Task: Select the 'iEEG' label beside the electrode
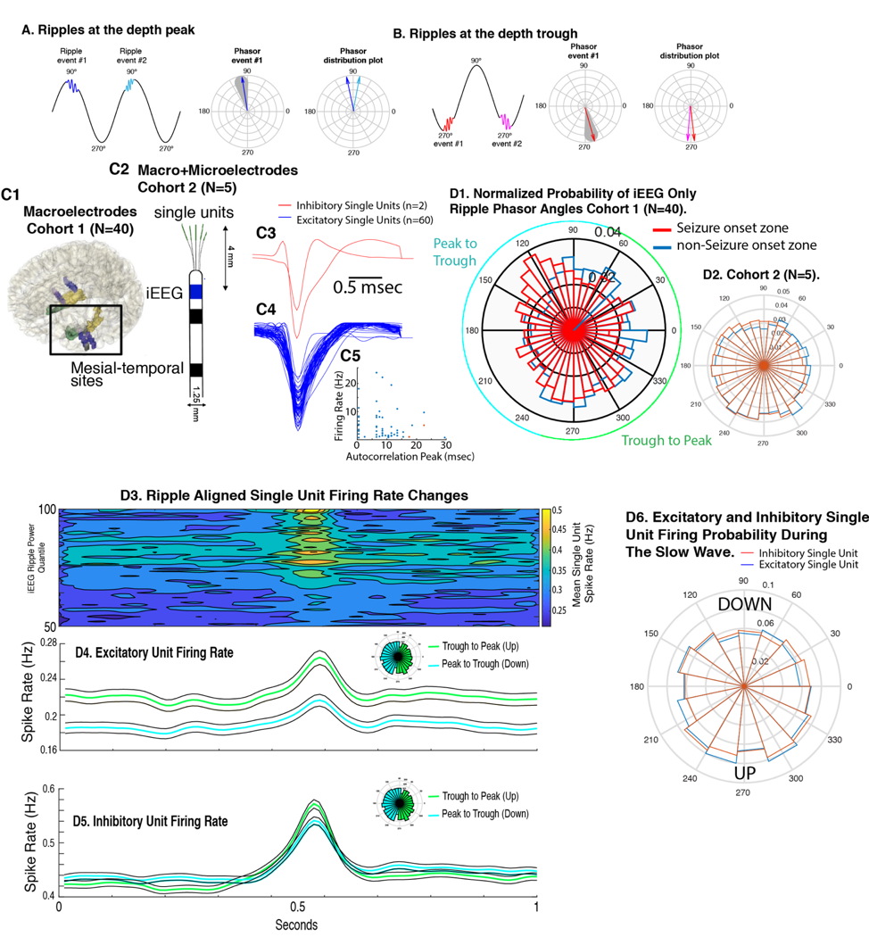pyautogui.click(x=166, y=292)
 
